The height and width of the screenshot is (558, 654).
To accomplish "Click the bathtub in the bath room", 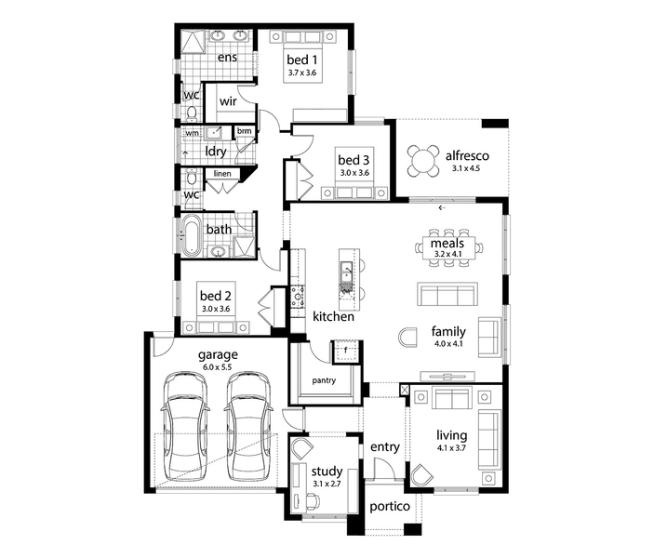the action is click(x=192, y=234).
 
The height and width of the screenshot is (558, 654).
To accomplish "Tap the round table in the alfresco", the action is click(x=423, y=161).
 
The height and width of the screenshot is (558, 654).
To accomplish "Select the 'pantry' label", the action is click(x=324, y=380).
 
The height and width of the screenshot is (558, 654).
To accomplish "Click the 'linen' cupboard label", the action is click(x=222, y=174).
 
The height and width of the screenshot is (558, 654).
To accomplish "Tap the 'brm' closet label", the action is click(x=245, y=131).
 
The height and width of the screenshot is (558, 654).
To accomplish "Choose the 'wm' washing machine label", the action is click(x=192, y=133).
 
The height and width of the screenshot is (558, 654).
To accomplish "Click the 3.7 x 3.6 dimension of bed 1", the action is click(x=302, y=73).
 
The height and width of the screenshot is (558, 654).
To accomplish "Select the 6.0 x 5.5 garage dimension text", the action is click(x=218, y=367).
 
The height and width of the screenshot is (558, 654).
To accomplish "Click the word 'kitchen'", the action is click(x=333, y=316).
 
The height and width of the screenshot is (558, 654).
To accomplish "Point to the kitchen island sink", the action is click(x=347, y=272).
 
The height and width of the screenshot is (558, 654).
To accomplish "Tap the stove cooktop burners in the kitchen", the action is click(x=298, y=296).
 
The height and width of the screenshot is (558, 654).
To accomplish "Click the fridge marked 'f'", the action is click(x=345, y=352).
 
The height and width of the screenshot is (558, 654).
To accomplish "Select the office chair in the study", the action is click(x=313, y=500).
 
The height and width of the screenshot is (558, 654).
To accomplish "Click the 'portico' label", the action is click(x=390, y=507).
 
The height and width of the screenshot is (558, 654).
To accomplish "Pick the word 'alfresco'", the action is click(x=467, y=156).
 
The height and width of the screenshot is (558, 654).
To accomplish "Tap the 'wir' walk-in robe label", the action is click(x=228, y=101).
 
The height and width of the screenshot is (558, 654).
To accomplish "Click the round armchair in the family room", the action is click(x=407, y=338).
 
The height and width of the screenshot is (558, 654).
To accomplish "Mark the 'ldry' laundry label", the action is click(x=215, y=152).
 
